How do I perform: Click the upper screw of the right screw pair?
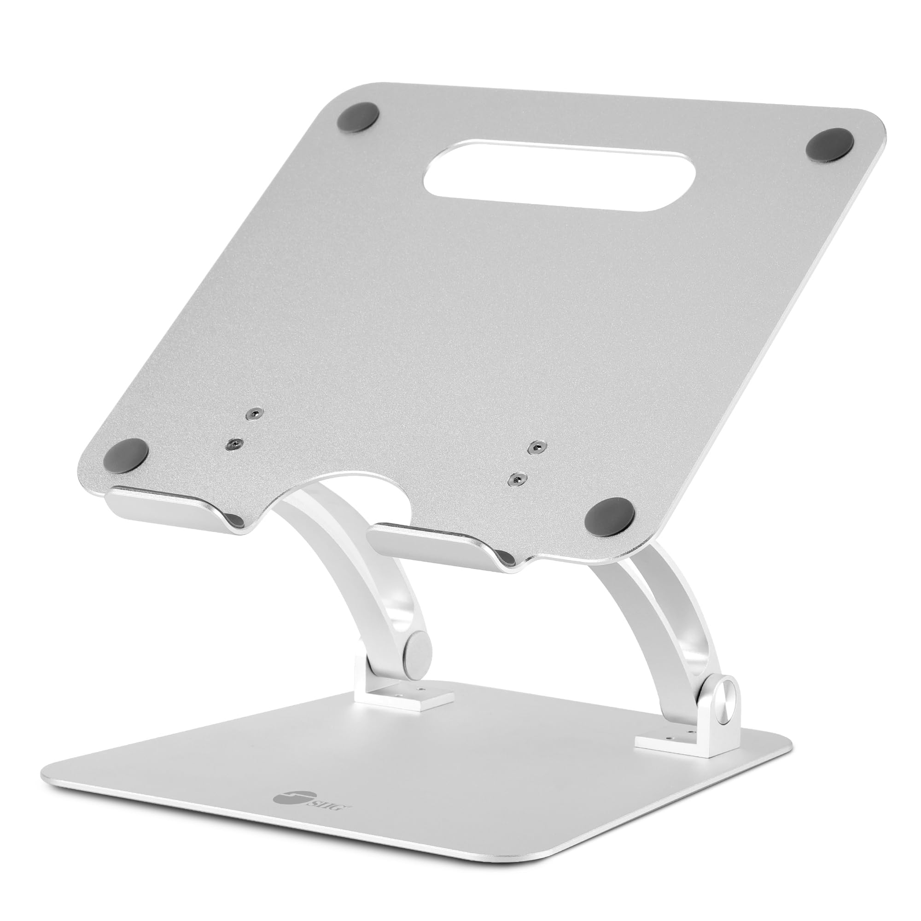click(x=537, y=447)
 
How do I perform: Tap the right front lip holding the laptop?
click(x=436, y=543)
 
